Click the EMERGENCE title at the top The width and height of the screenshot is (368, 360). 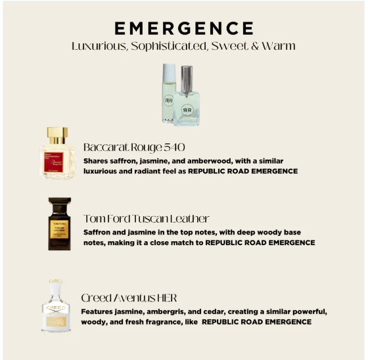pyautogui.click(x=184, y=28)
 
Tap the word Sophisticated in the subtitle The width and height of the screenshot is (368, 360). pyautogui.click(x=169, y=46)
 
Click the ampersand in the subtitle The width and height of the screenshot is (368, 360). pyautogui.click(x=255, y=46)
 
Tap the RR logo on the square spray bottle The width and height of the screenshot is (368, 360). pyautogui.click(x=187, y=110)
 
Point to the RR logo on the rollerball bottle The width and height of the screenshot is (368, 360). pyautogui.click(x=168, y=101)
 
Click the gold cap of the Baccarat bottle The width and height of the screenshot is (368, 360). pyautogui.click(x=58, y=135)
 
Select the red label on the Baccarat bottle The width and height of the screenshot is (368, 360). pyautogui.click(x=54, y=162)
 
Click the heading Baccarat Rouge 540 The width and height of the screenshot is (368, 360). pyautogui.click(x=134, y=147)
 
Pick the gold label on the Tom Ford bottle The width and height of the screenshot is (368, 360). pyautogui.click(x=59, y=229)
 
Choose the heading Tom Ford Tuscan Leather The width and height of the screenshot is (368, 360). pyautogui.click(x=147, y=219)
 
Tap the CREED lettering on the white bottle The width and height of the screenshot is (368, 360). pyautogui.click(x=56, y=307)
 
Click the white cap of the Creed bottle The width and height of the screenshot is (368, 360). pyautogui.click(x=56, y=291)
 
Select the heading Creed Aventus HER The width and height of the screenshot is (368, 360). pyautogui.click(x=129, y=298)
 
